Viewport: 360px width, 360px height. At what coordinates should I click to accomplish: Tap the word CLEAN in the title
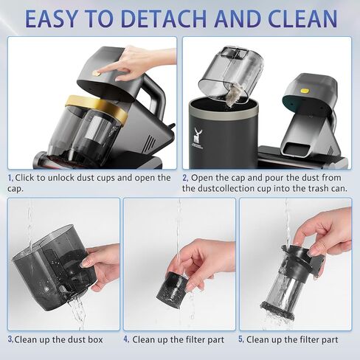[x=302, y=19]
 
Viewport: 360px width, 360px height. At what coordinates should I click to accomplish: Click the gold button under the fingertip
[x=97, y=73]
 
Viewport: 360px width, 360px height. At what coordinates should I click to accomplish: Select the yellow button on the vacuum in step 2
[x=305, y=91]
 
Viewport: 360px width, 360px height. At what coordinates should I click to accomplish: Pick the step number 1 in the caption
[x=10, y=178]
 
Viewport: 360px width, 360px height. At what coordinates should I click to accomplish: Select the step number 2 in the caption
[x=185, y=178]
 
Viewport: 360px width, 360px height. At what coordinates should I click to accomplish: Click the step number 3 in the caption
[x=10, y=339]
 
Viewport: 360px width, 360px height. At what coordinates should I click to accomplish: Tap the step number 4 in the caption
[x=126, y=339]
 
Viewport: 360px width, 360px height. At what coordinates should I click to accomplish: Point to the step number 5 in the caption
[x=241, y=339]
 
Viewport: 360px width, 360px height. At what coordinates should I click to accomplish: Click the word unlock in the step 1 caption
[x=61, y=178]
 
